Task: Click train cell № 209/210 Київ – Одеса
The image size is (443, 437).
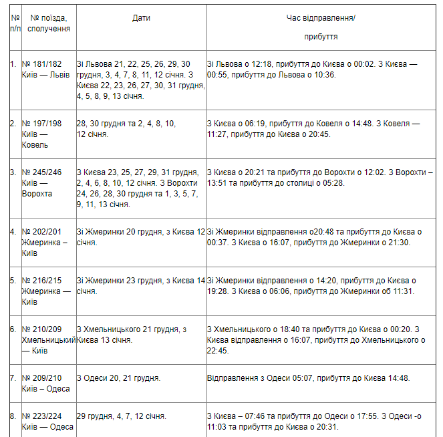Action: [47, 383]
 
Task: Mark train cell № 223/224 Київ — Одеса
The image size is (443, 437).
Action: [47, 422]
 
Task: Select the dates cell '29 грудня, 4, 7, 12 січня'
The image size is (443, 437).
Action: [122, 416]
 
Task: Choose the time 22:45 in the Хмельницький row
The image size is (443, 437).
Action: [218, 349]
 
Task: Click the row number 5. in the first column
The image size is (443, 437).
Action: [13, 281]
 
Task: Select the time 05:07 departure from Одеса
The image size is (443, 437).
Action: [288, 378]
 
